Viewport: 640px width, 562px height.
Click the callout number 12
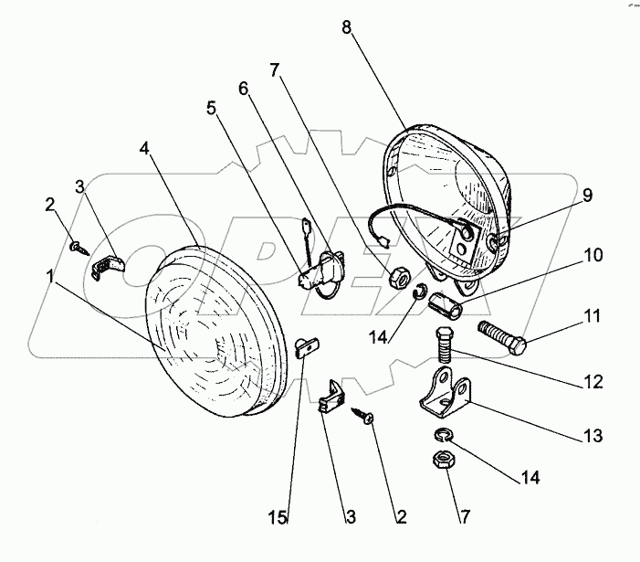click(593, 381)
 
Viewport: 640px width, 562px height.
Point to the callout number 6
click(243, 88)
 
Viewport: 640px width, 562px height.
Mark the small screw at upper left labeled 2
click(79, 245)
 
